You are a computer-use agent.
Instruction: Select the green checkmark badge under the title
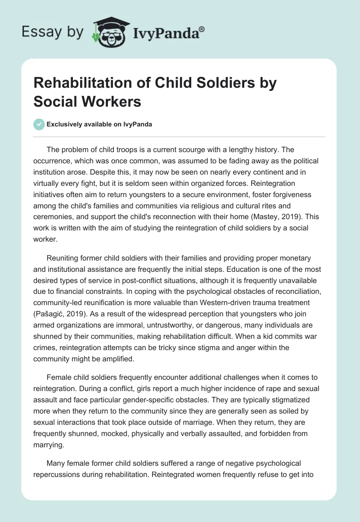39,124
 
